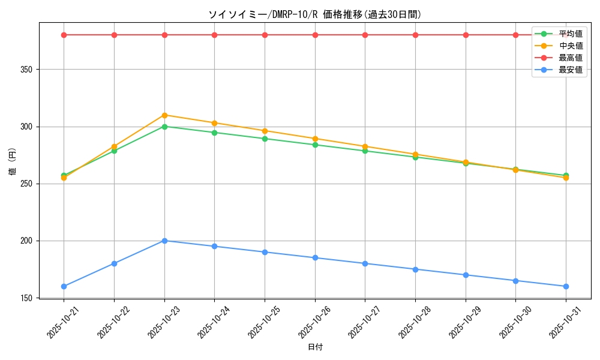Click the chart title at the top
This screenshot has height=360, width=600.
tap(315, 14)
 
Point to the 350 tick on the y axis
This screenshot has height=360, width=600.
tap(28, 70)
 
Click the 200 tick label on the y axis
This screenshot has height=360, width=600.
tap(28, 241)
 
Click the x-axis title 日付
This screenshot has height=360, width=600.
tap(315, 347)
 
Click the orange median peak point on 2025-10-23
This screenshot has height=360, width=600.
tap(164, 115)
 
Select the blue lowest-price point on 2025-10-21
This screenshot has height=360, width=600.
tap(64, 286)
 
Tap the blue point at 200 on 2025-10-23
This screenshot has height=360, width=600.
tap(164, 241)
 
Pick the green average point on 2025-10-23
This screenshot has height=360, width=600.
tap(164, 127)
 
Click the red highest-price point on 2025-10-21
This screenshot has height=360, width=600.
tap(64, 35)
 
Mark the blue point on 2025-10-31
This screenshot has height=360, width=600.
tap(566, 286)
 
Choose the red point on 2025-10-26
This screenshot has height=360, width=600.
tap(315, 35)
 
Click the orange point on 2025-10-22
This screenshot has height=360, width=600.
tap(114, 146)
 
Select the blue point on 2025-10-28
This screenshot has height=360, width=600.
tap(415, 269)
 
